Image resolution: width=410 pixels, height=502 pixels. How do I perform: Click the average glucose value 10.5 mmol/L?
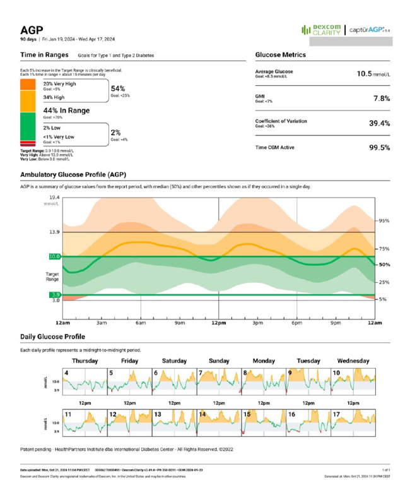[373, 74]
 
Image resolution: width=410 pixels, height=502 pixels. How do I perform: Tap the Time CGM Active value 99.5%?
[379, 147]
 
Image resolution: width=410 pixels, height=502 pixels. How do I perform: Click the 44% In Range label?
[66, 110]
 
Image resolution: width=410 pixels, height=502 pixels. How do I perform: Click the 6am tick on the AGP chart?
[141, 323]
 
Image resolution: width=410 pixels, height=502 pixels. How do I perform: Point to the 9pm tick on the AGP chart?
[336, 323]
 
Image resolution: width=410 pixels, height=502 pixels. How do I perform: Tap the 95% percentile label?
[383, 221]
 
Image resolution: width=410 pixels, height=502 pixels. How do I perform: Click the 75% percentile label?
[383, 249]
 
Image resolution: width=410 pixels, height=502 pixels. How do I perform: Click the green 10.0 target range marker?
[54, 256]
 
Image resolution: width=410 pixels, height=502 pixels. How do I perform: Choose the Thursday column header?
[85, 361]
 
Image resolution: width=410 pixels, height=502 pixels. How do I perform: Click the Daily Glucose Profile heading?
[52, 337]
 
